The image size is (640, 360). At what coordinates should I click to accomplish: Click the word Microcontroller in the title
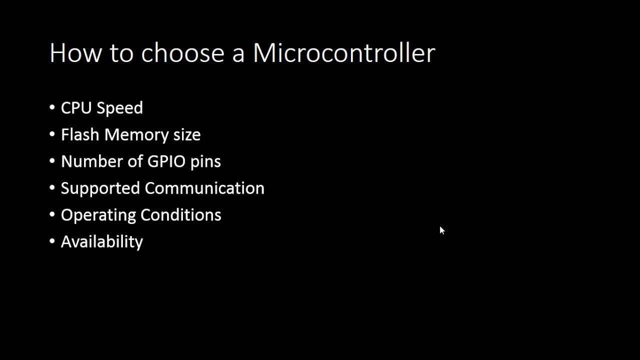[344, 53]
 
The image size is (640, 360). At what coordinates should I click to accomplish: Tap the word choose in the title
[182, 53]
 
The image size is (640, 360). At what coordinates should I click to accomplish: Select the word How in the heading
[75, 53]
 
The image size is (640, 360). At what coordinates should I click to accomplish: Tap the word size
[187, 135]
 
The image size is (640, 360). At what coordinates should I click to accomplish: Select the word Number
[87, 161]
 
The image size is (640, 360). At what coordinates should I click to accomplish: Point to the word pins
[205, 162]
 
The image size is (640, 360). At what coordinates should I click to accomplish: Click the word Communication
[204, 188]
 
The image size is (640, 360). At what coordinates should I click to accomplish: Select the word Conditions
[181, 215]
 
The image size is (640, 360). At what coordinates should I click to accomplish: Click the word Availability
[102, 242]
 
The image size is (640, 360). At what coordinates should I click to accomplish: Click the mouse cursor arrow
[442, 230]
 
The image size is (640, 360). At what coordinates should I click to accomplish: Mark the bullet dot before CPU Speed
[52, 107]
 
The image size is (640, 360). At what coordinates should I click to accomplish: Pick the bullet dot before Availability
[52, 241]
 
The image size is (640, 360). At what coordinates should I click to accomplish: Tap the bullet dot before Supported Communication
[52, 187]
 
